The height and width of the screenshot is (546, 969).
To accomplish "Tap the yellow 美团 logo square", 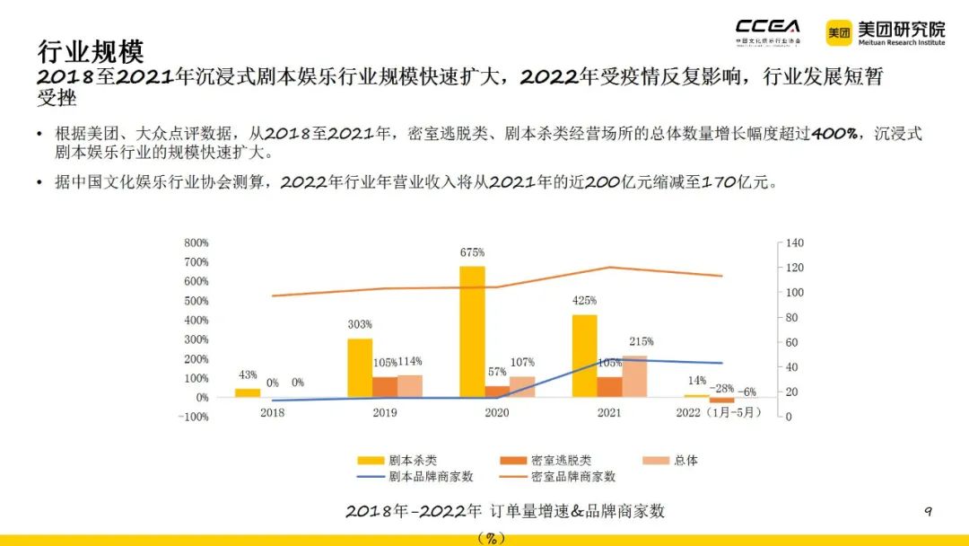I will click(x=839, y=33).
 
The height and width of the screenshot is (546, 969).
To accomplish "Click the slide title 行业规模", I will click(x=90, y=50).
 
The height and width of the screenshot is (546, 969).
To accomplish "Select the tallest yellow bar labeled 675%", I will click(x=472, y=331).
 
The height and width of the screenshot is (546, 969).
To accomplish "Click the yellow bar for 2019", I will click(x=360, y=367).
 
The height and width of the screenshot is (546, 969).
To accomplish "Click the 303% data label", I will click(x=360, y=324).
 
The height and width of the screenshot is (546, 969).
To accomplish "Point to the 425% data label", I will click(x=584, y=300).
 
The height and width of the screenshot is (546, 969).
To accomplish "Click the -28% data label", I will click(x=721, y=388).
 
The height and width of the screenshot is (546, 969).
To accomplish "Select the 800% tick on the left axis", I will click(x=196, y=242).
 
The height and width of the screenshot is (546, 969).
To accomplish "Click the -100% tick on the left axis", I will click(x=194, y=417).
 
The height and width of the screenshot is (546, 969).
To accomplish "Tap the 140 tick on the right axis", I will click(x=795, y=243).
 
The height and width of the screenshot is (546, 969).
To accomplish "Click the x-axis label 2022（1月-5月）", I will click(x=718, y=412).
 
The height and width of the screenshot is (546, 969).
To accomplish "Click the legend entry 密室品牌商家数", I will click(x=573, y=477).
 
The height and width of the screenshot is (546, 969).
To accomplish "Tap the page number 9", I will click(x=928, y=512).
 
